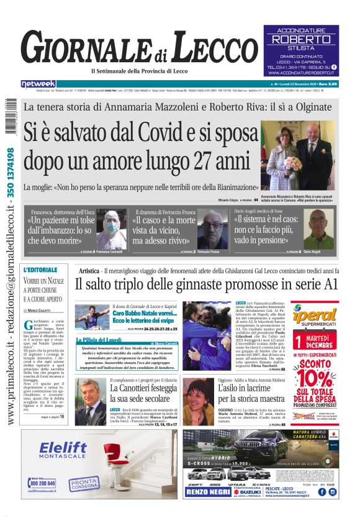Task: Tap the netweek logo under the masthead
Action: tap(38, 84)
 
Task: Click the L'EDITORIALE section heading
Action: tap(43, 270)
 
